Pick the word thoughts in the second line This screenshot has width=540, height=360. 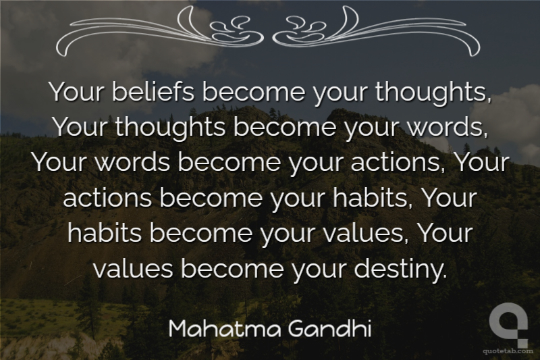click(171, 127)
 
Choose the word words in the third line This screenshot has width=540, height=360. click(132, 162)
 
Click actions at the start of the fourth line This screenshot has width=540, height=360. click(107, 198)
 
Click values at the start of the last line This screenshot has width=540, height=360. click(133, 269)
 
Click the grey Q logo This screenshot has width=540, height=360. click(509, 324)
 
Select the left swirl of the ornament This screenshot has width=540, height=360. click(160, 31)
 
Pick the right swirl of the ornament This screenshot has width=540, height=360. click(376, 31)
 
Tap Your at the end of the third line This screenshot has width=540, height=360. click(482, 162)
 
